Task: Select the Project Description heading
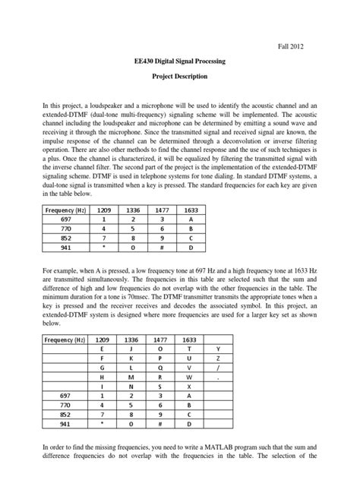point(180,77)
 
